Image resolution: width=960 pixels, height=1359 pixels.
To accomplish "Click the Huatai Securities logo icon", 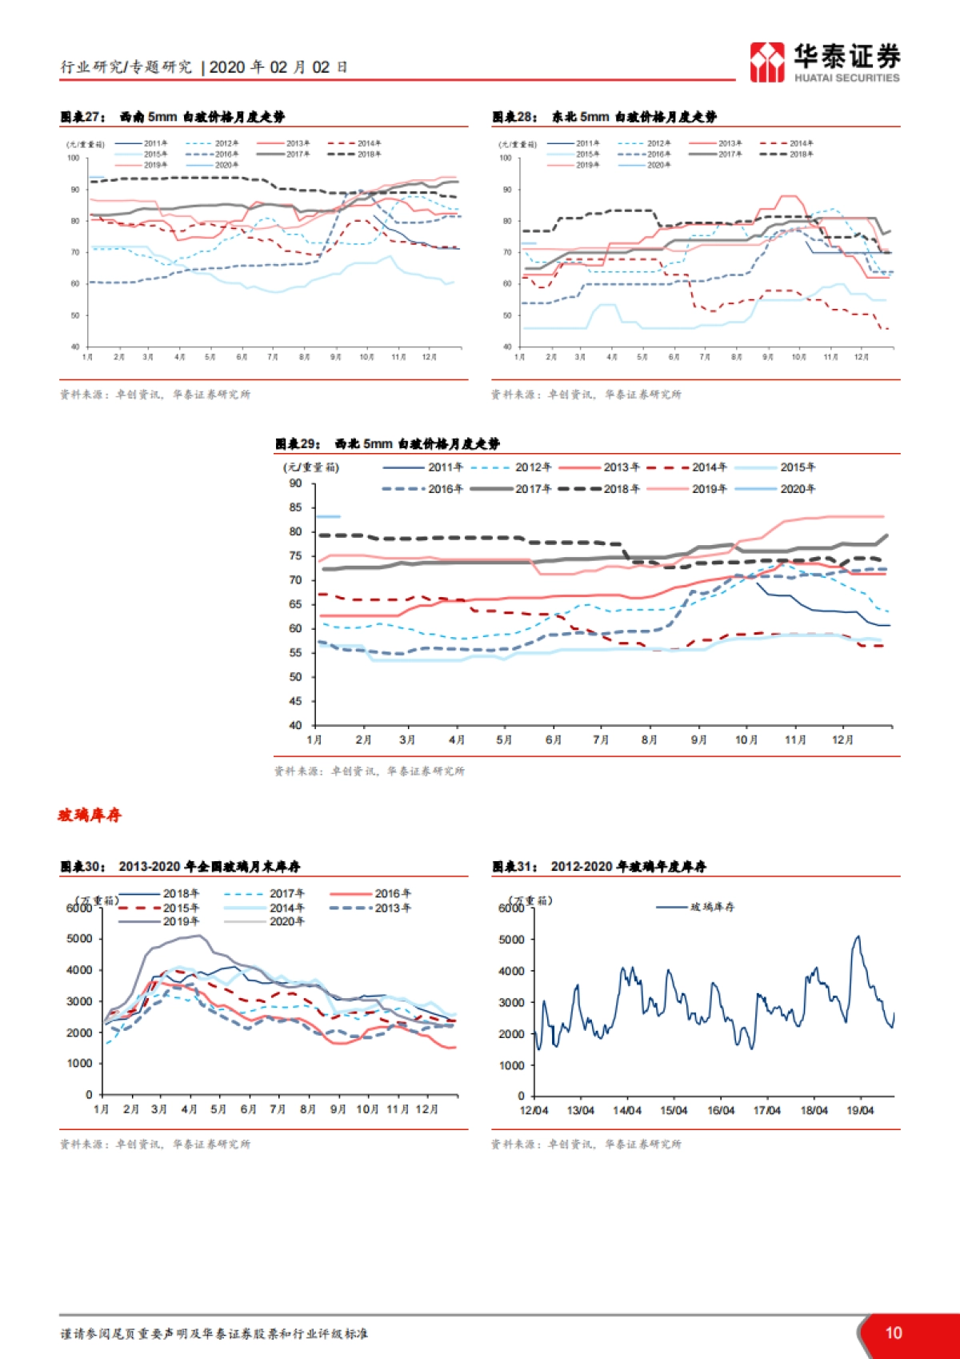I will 767,62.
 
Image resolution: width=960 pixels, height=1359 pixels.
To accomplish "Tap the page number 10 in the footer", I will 894,1333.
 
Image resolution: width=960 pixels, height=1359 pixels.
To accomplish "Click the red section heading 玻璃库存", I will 90,815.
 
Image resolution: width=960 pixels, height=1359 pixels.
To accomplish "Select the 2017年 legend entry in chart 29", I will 533,489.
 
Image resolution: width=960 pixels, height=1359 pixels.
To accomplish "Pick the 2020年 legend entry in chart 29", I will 798,489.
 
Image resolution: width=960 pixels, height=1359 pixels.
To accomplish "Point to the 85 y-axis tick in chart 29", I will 296,507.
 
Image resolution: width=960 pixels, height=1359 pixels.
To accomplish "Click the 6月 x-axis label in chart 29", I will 554,740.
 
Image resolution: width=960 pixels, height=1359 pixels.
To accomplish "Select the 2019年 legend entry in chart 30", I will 181,922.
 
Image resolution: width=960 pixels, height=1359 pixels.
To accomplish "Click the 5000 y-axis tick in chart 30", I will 80,939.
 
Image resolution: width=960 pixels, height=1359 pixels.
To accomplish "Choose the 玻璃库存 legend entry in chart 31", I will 712,907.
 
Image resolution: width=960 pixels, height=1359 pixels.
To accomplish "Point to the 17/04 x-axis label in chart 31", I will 767,1111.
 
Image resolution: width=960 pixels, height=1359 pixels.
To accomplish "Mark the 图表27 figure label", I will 82,117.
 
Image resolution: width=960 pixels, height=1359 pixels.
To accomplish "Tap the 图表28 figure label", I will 514,117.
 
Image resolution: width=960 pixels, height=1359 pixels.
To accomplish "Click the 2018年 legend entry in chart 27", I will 369,154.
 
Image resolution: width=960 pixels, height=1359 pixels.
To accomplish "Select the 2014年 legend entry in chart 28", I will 801,143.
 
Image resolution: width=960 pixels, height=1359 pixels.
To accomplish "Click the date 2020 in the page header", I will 226,67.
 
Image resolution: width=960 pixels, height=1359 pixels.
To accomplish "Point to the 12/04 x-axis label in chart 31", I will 534,1111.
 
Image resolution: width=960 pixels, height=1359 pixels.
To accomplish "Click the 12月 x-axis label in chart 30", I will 427,1109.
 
